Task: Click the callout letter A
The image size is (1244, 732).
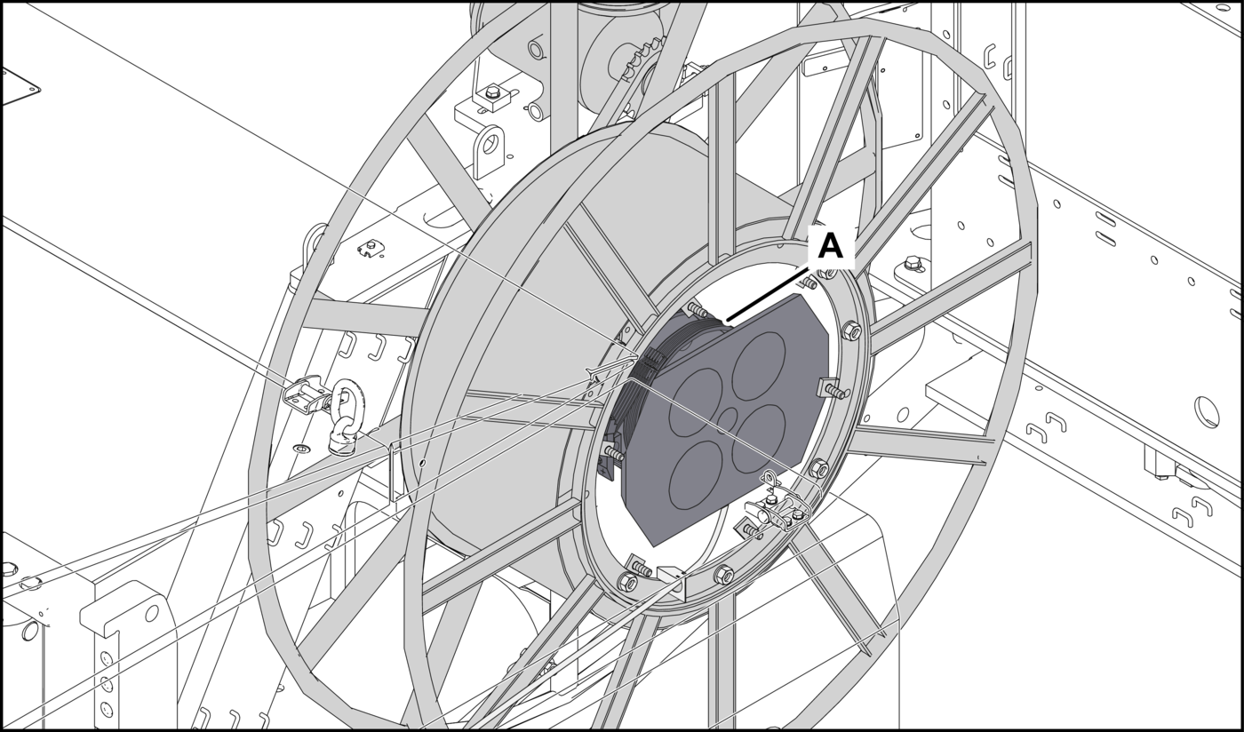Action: [830, 246]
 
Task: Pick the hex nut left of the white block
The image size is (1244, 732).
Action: [625, 583]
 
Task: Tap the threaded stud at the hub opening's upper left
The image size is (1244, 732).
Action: [695, 312]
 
